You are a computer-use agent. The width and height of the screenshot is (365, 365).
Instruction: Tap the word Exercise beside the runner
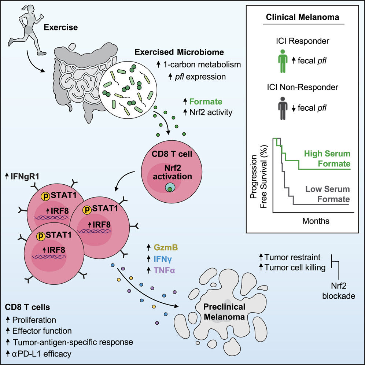(x=61, y=27)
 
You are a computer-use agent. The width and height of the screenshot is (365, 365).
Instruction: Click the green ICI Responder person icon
(x=283, y=61)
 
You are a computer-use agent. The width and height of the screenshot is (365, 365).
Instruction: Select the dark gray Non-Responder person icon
(x=283, y=108)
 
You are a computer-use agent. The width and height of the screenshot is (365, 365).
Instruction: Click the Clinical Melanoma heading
(x=303, y=17)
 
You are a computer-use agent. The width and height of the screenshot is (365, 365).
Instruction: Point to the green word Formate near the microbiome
(x=206, y=102)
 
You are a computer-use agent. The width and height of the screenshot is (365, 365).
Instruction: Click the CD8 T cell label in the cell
(x=172, y=154)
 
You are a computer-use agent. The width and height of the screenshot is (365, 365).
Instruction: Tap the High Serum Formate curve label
(x=327, y=159)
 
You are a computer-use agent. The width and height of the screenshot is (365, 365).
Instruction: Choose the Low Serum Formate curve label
(x=328, y=194)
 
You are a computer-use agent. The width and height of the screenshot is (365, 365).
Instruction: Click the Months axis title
(x=316, y=221)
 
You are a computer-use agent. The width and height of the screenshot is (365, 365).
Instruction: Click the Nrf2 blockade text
(x=339, y=291)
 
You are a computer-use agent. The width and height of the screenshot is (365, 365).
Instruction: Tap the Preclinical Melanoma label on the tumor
(x=224, y=312)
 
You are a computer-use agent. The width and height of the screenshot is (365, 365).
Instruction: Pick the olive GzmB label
(x=166, y=247)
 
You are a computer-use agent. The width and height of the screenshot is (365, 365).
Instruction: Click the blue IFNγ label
(x=163, y=259)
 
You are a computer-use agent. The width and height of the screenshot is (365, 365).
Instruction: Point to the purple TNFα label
(x=164, y=270)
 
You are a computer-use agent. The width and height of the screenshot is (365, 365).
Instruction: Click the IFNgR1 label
(x=25, y=176)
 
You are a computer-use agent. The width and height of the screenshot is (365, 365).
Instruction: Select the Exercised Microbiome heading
(x=179, y=52)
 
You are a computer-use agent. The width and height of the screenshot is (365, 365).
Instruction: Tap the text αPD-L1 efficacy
(x=42, y=354)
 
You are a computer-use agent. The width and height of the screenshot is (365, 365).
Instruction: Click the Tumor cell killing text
(x=295, y=268)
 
